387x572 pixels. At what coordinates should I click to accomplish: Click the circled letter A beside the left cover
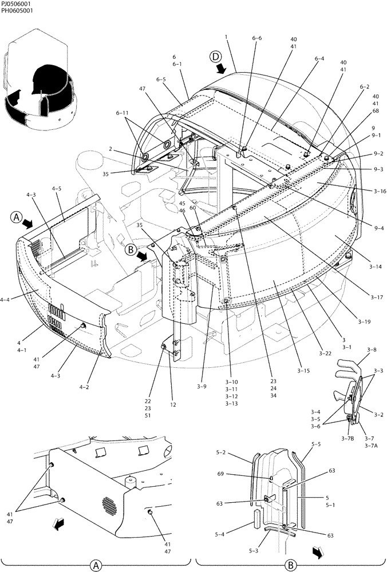tap(16, 217)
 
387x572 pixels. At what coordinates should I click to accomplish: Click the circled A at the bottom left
tap(95, 566)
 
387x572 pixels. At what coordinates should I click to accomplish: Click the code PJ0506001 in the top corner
tap(16, 4)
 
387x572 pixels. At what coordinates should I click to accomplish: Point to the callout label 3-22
tap(325, 353)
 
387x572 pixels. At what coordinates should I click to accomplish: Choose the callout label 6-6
tap(256, 38)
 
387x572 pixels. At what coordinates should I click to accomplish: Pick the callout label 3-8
tap(372, 349)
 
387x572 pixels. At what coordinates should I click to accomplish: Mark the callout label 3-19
tap(364, 321)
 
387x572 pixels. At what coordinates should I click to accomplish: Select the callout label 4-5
tap(56, 188)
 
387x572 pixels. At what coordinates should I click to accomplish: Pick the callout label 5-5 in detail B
tap(316, 444)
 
